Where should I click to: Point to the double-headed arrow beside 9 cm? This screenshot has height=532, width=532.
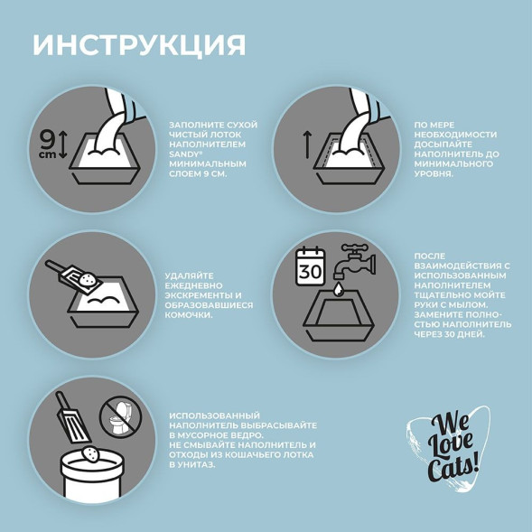click(63, 145)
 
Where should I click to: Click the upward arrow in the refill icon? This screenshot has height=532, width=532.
click(306, 143)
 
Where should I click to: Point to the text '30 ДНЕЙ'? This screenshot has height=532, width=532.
click(463, 333)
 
